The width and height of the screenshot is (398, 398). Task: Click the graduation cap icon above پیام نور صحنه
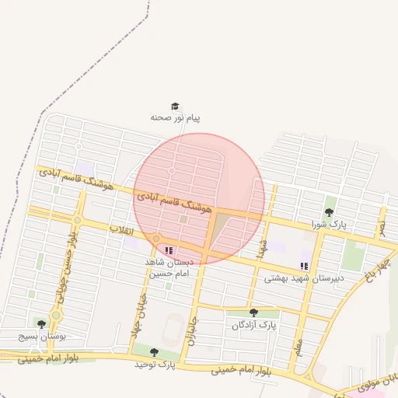[x=175, y=106]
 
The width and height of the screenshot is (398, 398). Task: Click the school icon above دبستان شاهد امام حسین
[x=169, y=250]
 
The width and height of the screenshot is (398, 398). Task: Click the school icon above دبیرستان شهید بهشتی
[x=304, y=266]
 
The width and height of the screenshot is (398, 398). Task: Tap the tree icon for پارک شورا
[x=329, y=212]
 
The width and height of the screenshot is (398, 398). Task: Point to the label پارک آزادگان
[x=253, y=324]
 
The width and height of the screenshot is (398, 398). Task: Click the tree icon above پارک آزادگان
[x=253, y=312]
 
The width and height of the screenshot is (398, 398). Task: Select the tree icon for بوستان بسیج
[x=40, y=323]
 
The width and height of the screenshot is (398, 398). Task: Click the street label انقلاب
[x=123, y=231]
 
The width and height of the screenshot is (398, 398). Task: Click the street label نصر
[x=381, y=227]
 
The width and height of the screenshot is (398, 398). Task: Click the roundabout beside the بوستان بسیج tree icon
[x=55, y=316]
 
